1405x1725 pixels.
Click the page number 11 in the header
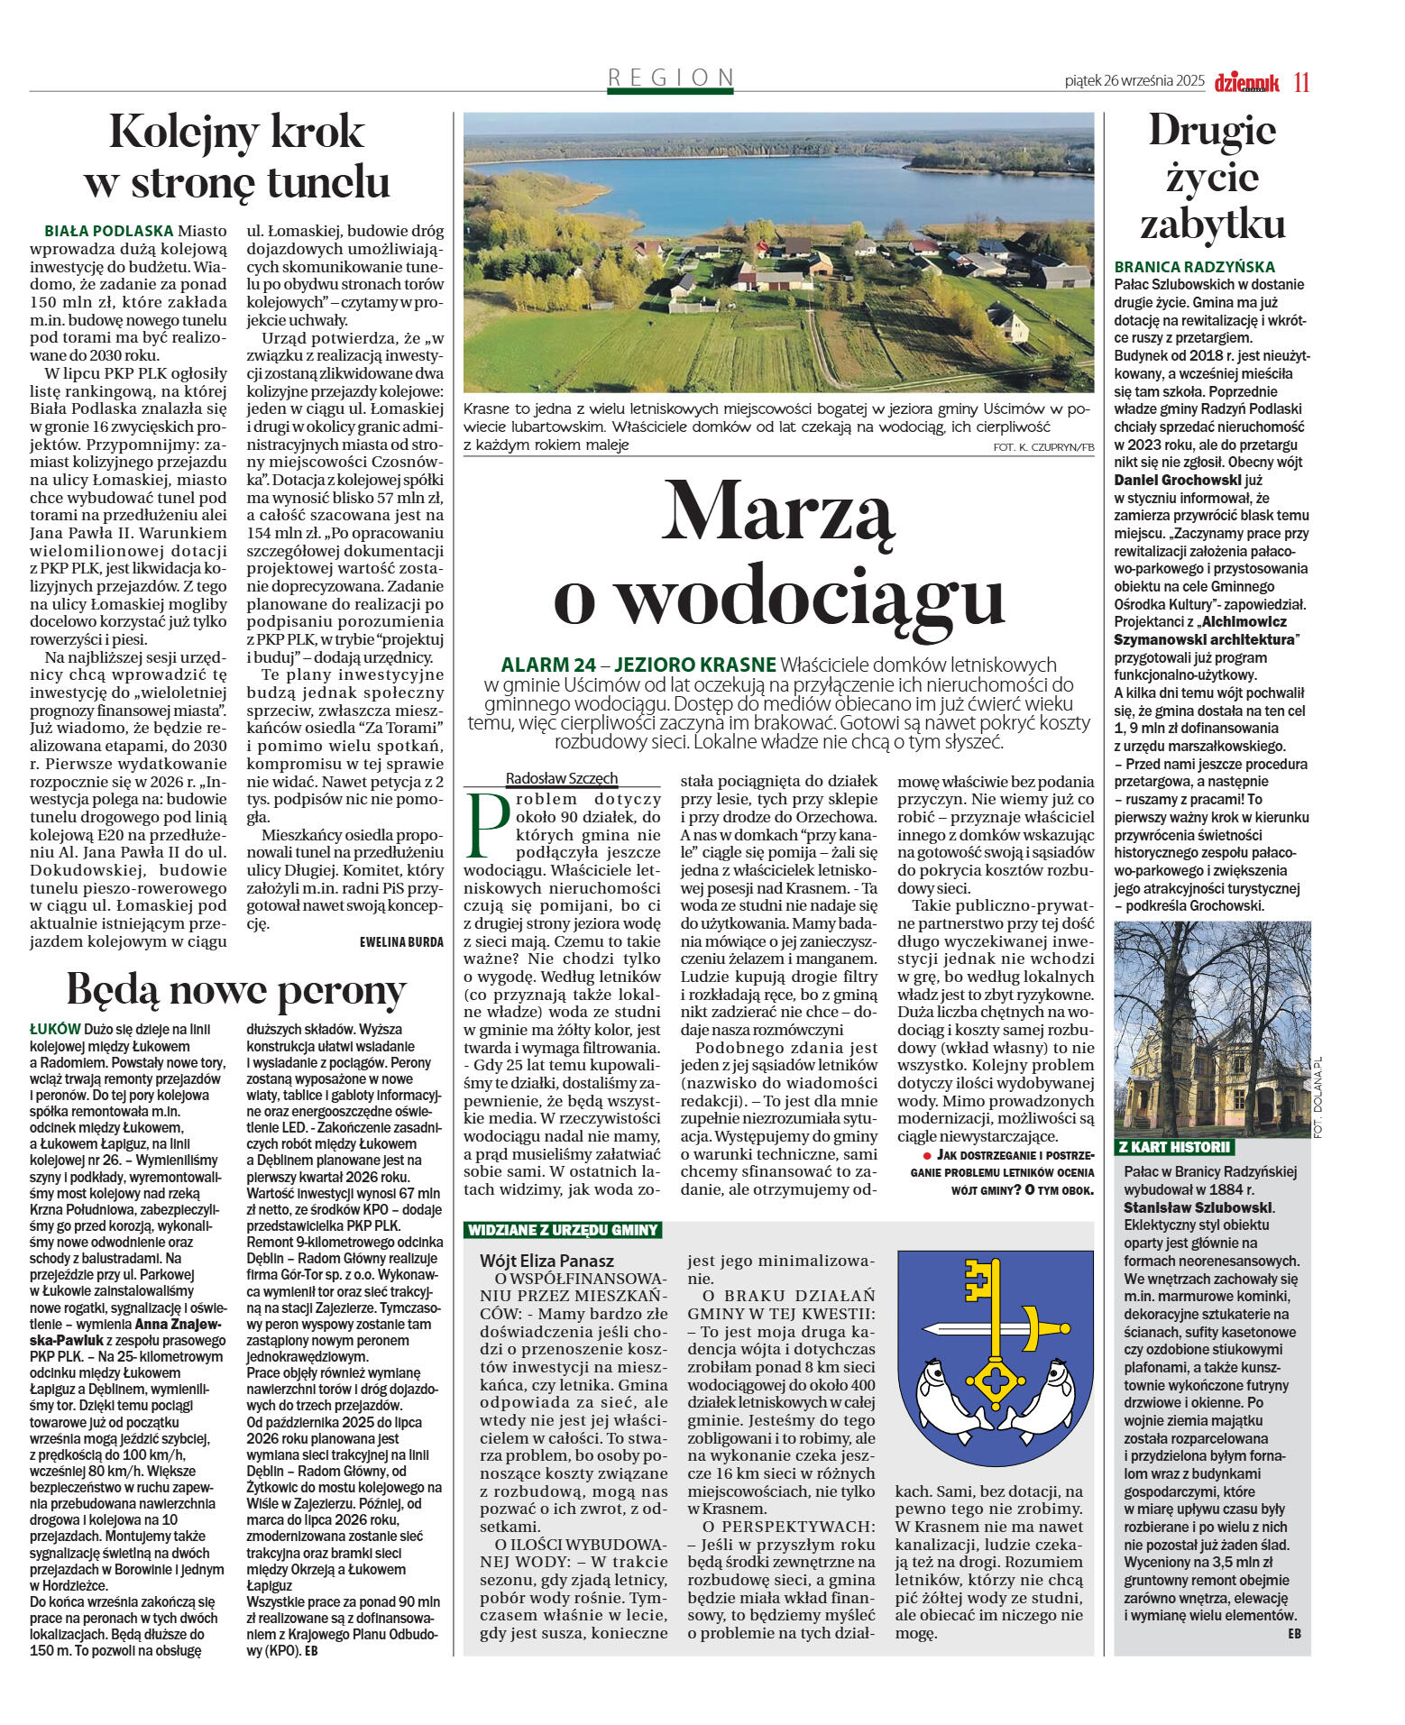(1300, 82)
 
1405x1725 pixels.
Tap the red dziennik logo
(1246, 82)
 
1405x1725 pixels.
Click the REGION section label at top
(671, 78)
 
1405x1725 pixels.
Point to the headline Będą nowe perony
(236, 989)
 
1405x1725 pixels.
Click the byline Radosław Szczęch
(562, 778)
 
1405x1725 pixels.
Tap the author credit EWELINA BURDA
(401, 942)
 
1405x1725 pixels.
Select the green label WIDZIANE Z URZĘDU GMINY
(563, 1230)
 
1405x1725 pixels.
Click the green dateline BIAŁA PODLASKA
(109, 232)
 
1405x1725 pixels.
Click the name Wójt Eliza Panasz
(546, 1261)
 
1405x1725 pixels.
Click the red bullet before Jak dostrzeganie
(926, 1155)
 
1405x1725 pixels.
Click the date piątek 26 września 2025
(1134, 81)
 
